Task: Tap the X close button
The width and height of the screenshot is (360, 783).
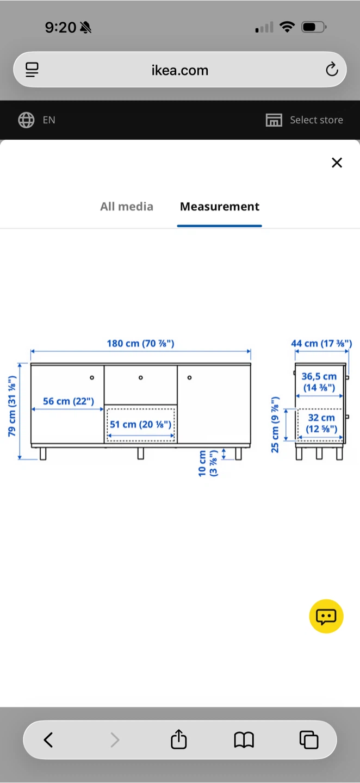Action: click(337, 163)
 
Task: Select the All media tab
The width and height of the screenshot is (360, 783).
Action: click(127, 207)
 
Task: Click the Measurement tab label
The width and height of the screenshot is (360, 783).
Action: click(220, 207)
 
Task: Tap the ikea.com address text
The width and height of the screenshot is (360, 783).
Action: click(179, 70)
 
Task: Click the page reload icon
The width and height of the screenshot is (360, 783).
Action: click(332, 69)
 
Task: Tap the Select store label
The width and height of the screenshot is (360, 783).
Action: click(316, 120)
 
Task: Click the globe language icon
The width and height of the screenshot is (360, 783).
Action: click(26, 120)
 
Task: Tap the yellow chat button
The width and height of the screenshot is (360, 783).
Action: click(326, 616)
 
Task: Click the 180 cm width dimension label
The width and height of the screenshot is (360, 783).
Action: click(140, 343)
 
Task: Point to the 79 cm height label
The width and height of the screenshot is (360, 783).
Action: click(12, 406)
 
